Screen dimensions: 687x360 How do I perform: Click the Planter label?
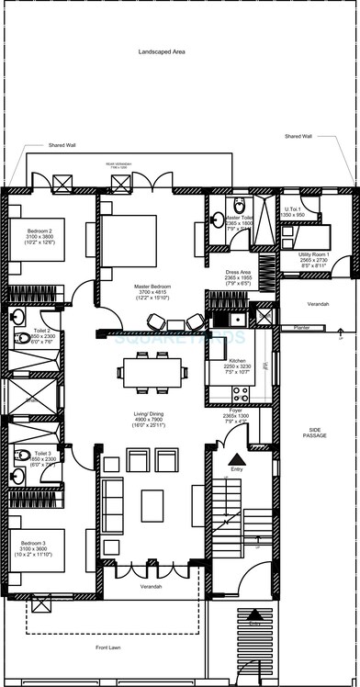(301, 326)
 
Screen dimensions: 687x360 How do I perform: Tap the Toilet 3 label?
(42, 453)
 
